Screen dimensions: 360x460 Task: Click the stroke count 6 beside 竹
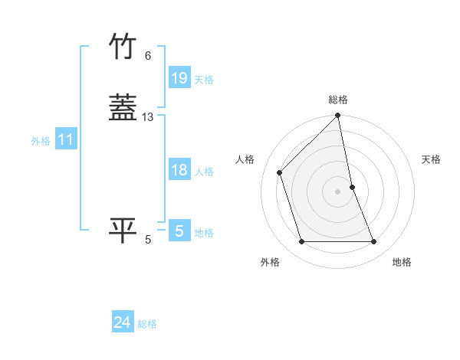(x=148, y=55)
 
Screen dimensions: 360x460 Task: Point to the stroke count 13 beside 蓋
(x=148, y=117)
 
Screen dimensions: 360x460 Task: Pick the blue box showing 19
(x=179, y=78)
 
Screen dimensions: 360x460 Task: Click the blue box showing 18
(x=179, y=170)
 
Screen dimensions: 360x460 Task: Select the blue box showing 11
(x=66, y=139)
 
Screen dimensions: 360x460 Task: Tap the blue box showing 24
(x=123, y=322)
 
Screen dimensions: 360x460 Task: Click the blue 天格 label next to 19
(x=204, y=80)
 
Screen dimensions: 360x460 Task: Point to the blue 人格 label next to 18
(x=204, y=172)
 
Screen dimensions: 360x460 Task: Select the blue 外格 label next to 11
(x=41, y=141)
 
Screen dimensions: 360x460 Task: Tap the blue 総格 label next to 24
(x=147, y=324)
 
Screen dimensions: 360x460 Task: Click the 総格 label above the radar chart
(x=338, y=100)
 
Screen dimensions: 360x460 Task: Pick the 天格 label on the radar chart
(x=431, y=159)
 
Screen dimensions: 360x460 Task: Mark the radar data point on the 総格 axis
(x=338, y=116)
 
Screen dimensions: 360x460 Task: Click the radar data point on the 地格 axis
(x=374, y=242)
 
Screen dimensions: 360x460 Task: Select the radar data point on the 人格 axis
(x=280, y=172)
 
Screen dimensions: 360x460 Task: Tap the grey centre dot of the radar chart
(x=338, y=191)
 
